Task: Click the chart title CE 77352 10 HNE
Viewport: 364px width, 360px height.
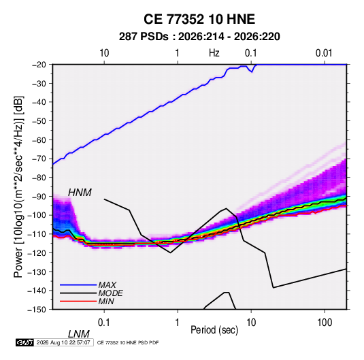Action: (x=199, y=19)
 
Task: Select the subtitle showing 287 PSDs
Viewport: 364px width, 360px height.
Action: (x=199, y=37)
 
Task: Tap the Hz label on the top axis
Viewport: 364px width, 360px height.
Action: (x=214, y=53)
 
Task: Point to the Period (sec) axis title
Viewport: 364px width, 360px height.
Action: (x=214, y=330)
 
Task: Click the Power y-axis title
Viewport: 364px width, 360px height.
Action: (x=18, y=187)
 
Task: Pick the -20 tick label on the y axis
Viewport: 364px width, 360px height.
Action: (x=39, y=65)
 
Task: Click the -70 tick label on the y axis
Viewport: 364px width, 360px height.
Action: (x=39, y=159)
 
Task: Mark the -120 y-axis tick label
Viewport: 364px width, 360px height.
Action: (x=37, y=253)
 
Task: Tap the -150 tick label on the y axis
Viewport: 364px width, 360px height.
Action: (x=37, y=310)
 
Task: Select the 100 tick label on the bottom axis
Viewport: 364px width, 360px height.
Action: (x=325, y=323)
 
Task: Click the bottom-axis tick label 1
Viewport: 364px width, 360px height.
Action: (x=178, y=323)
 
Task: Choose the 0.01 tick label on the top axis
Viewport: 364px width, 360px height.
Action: (x=324, y=53)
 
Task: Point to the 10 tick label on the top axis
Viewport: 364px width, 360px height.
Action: (x=104, y=53)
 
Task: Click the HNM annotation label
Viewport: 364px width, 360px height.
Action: (x=80, y=193)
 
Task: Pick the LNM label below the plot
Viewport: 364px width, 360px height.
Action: (x=78, y=334)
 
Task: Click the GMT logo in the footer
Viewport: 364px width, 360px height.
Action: (x=24, y=342)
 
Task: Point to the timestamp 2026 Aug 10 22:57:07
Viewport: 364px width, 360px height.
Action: (x=63, y=342)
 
